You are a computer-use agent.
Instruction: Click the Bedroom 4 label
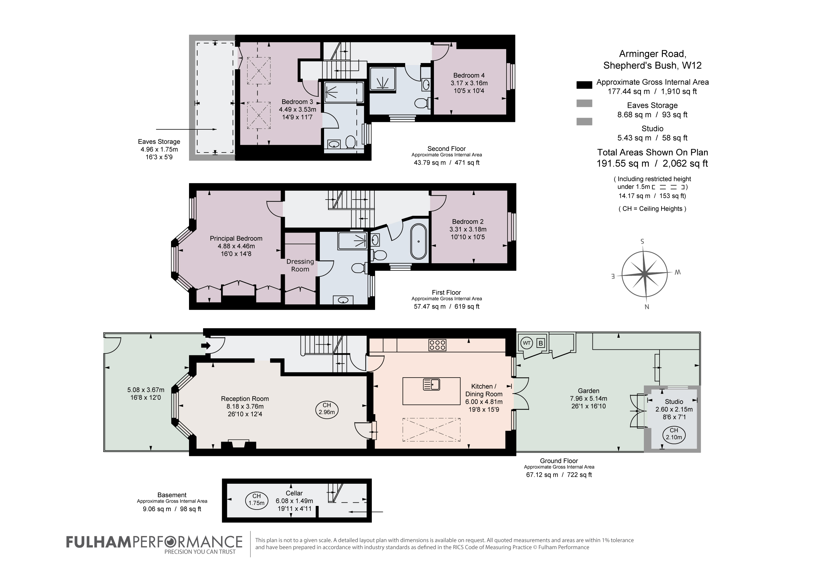coord(469,75)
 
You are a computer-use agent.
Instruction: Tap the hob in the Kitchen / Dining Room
coord(438,345)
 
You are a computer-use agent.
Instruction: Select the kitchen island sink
coord(432,385)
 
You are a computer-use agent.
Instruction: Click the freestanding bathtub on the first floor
coord(419,242)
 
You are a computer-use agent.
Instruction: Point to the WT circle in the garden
coord(527,343)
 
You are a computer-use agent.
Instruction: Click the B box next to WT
coord(540,343)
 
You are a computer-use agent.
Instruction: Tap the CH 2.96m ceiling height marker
coord(327,409)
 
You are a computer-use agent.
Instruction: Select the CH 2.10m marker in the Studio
coord(674,434)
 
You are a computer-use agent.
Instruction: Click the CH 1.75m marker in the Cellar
coord(256,500)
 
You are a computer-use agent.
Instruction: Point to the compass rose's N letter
coord(647,307)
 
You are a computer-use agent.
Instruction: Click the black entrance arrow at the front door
coord(206,346)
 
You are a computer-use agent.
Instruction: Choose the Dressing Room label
coord(300,265)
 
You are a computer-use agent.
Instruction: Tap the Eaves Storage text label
coord(159,142)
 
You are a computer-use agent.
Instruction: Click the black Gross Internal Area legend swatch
coord(584,85)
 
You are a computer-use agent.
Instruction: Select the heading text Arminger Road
coord(653,54)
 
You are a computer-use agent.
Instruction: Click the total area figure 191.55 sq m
coord(623,164)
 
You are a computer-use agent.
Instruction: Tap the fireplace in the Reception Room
coord(238,444)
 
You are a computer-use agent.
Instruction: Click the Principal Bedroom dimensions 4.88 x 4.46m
coord(236,246)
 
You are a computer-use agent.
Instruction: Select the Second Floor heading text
coord(446,149)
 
